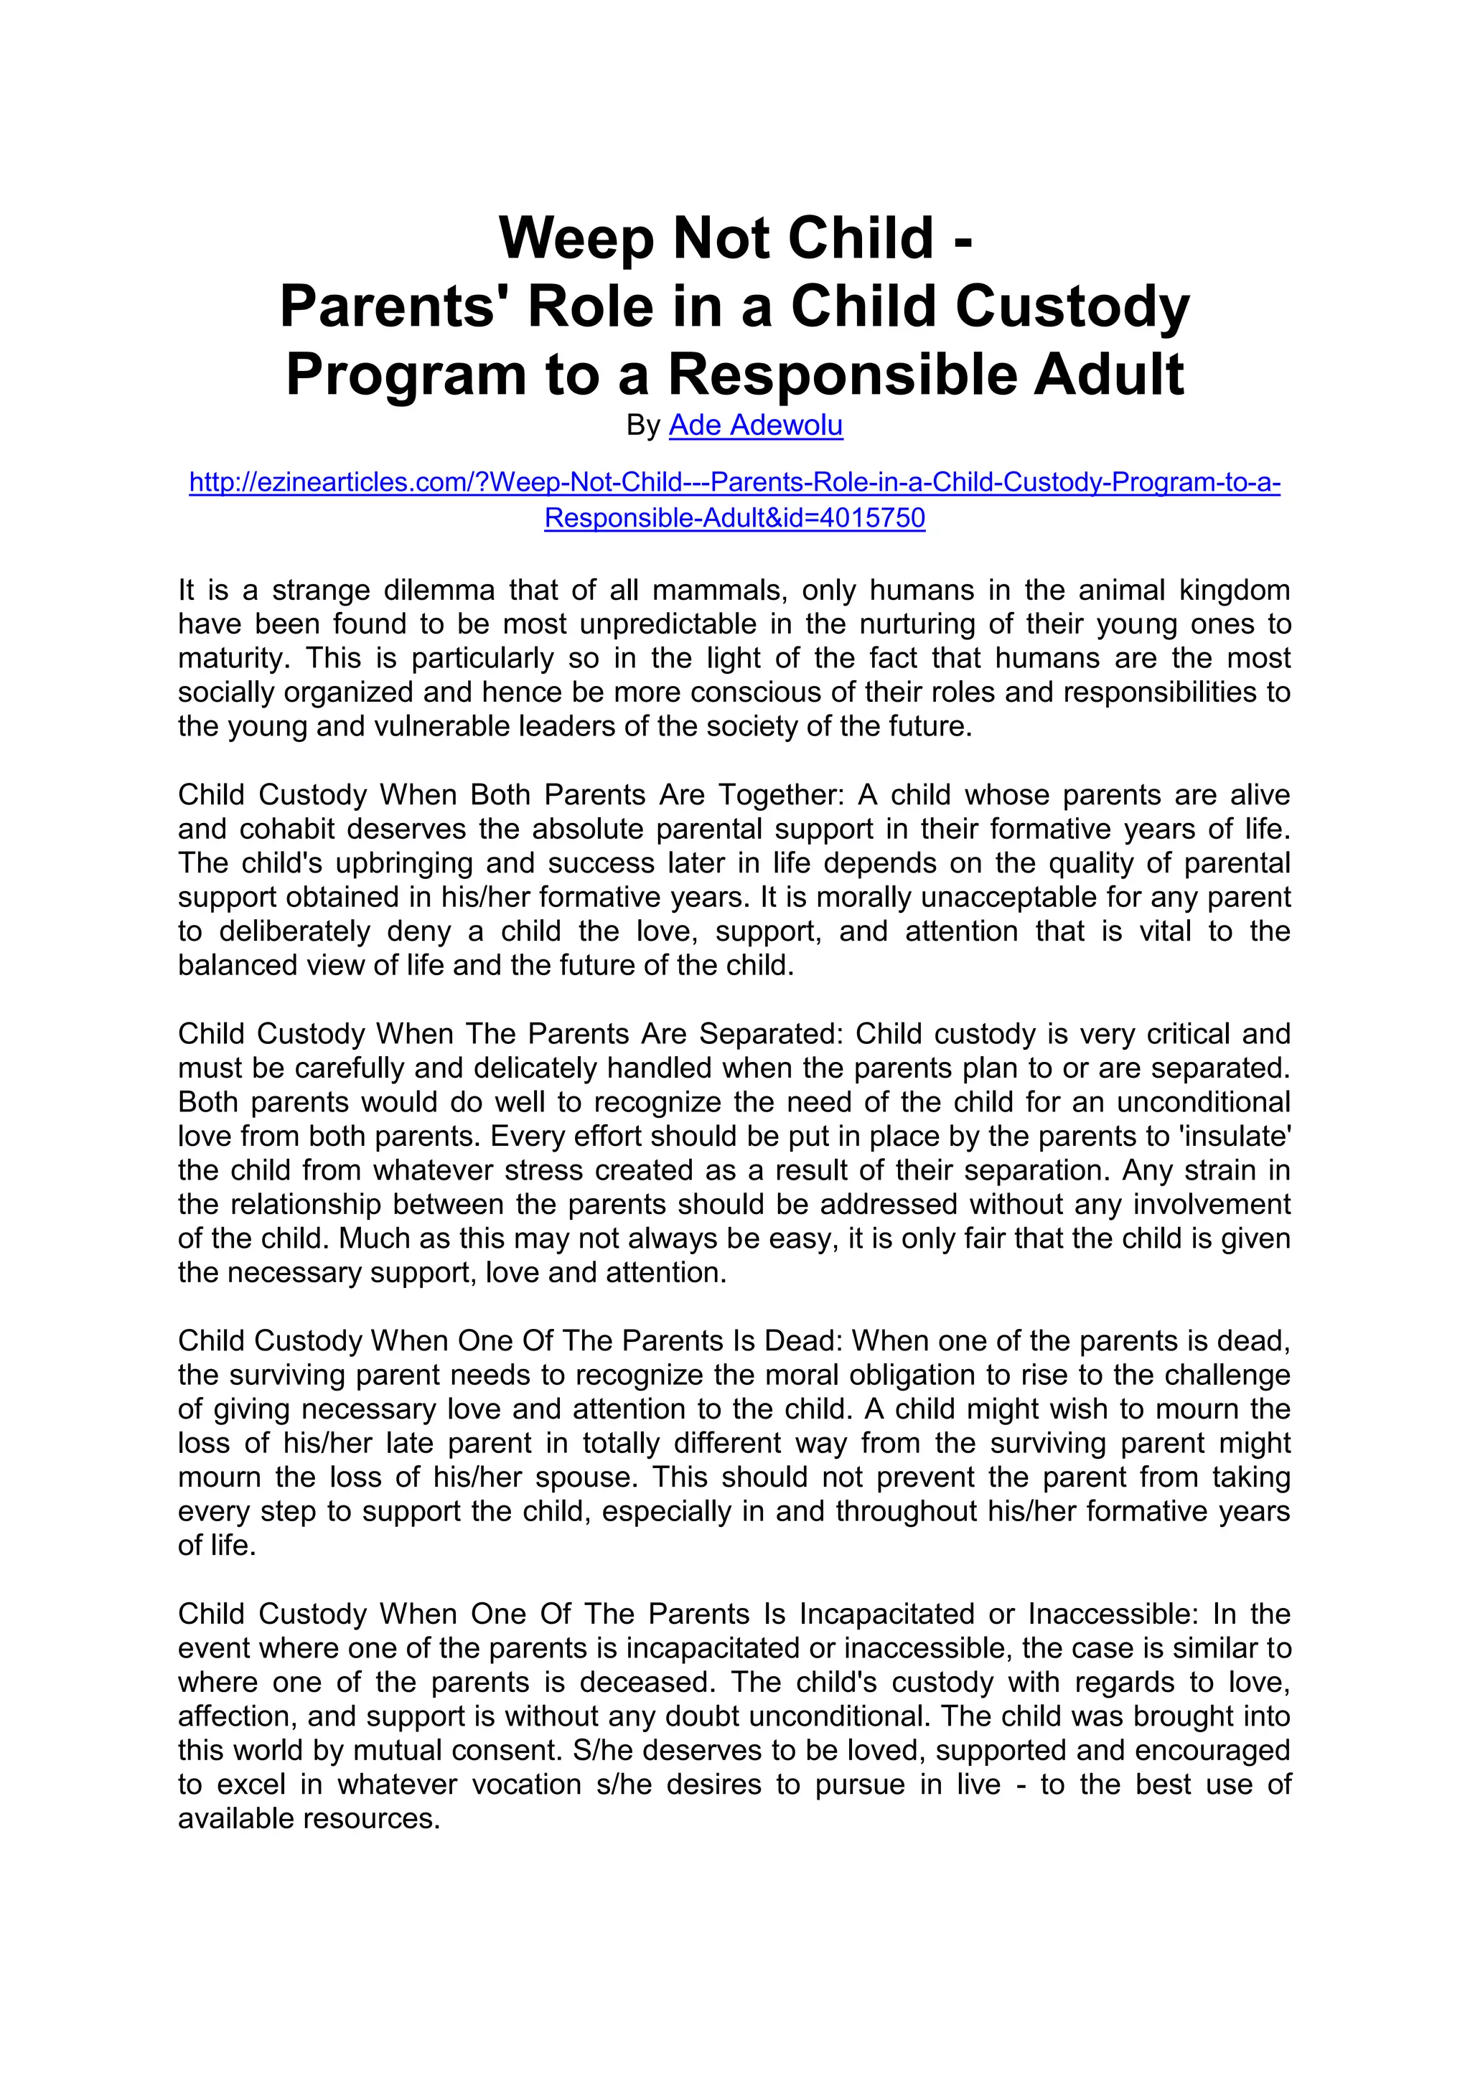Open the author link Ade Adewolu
click(x=756, y=426)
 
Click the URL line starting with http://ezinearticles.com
click(x=734, y=482)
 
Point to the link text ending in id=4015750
click(x=734, y=519)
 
